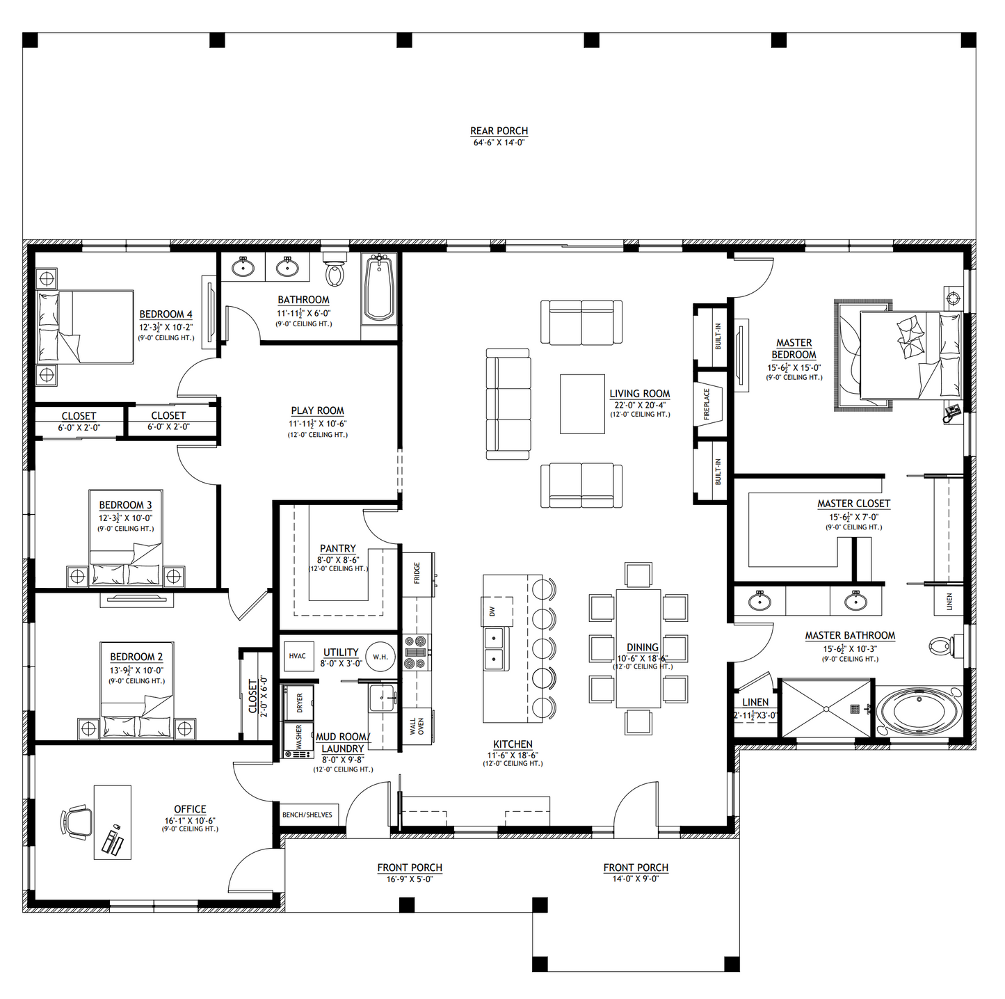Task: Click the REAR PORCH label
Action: pos(499,131)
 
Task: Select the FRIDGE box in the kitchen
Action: pos(417,573)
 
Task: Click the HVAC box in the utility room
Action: pos(298,656)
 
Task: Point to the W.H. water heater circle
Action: pos(380,656)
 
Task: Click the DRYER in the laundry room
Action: pos(299,703)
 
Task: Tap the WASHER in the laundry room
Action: pos(298,740)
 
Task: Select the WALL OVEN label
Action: pos(417,727)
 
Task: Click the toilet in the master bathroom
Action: pos(942,646)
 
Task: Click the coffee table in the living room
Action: pos(582,403)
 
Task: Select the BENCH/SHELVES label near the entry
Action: pos(307,815)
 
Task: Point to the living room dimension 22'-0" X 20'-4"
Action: pos(639,405)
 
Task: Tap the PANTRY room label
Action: pos(337,548)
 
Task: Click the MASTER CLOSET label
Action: pos(853,503)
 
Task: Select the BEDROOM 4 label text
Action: pos(166,314)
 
